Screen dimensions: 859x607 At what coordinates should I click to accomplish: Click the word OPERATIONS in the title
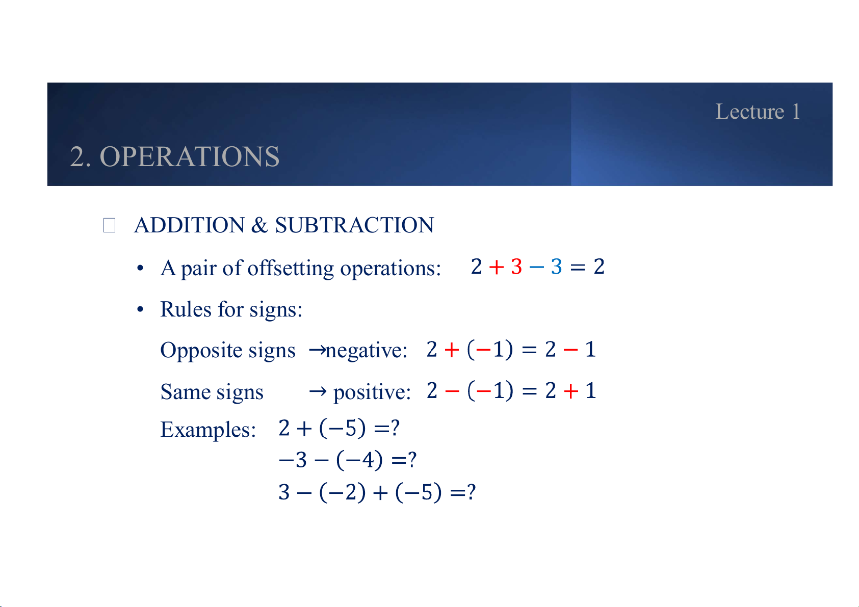click(190, 156)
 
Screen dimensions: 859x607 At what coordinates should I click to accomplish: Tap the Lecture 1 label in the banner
click(758, 112)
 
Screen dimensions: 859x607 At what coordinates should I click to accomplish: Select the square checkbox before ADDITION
click(109, 225)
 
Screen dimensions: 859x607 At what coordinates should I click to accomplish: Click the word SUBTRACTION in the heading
click(355, 225)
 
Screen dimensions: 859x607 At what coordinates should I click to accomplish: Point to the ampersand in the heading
click(259, 225)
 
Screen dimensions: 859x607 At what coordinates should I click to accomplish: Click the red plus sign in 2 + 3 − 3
click(497, 267)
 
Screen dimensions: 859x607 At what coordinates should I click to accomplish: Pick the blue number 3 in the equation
click(556, 267)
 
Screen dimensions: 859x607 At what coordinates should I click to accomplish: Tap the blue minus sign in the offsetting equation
click(536, 267)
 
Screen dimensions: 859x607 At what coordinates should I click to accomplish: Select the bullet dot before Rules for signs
click(140, 309)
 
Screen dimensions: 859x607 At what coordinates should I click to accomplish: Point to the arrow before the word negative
click(317, 350)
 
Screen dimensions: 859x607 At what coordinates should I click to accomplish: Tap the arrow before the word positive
click(318, 391)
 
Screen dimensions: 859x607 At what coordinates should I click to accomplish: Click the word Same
click(185, 391)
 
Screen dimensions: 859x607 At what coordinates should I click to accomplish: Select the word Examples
click(208, 430)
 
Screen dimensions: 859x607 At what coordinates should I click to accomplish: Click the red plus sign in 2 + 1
click(571, 391)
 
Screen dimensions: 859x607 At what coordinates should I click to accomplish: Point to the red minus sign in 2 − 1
click(570, 350)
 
